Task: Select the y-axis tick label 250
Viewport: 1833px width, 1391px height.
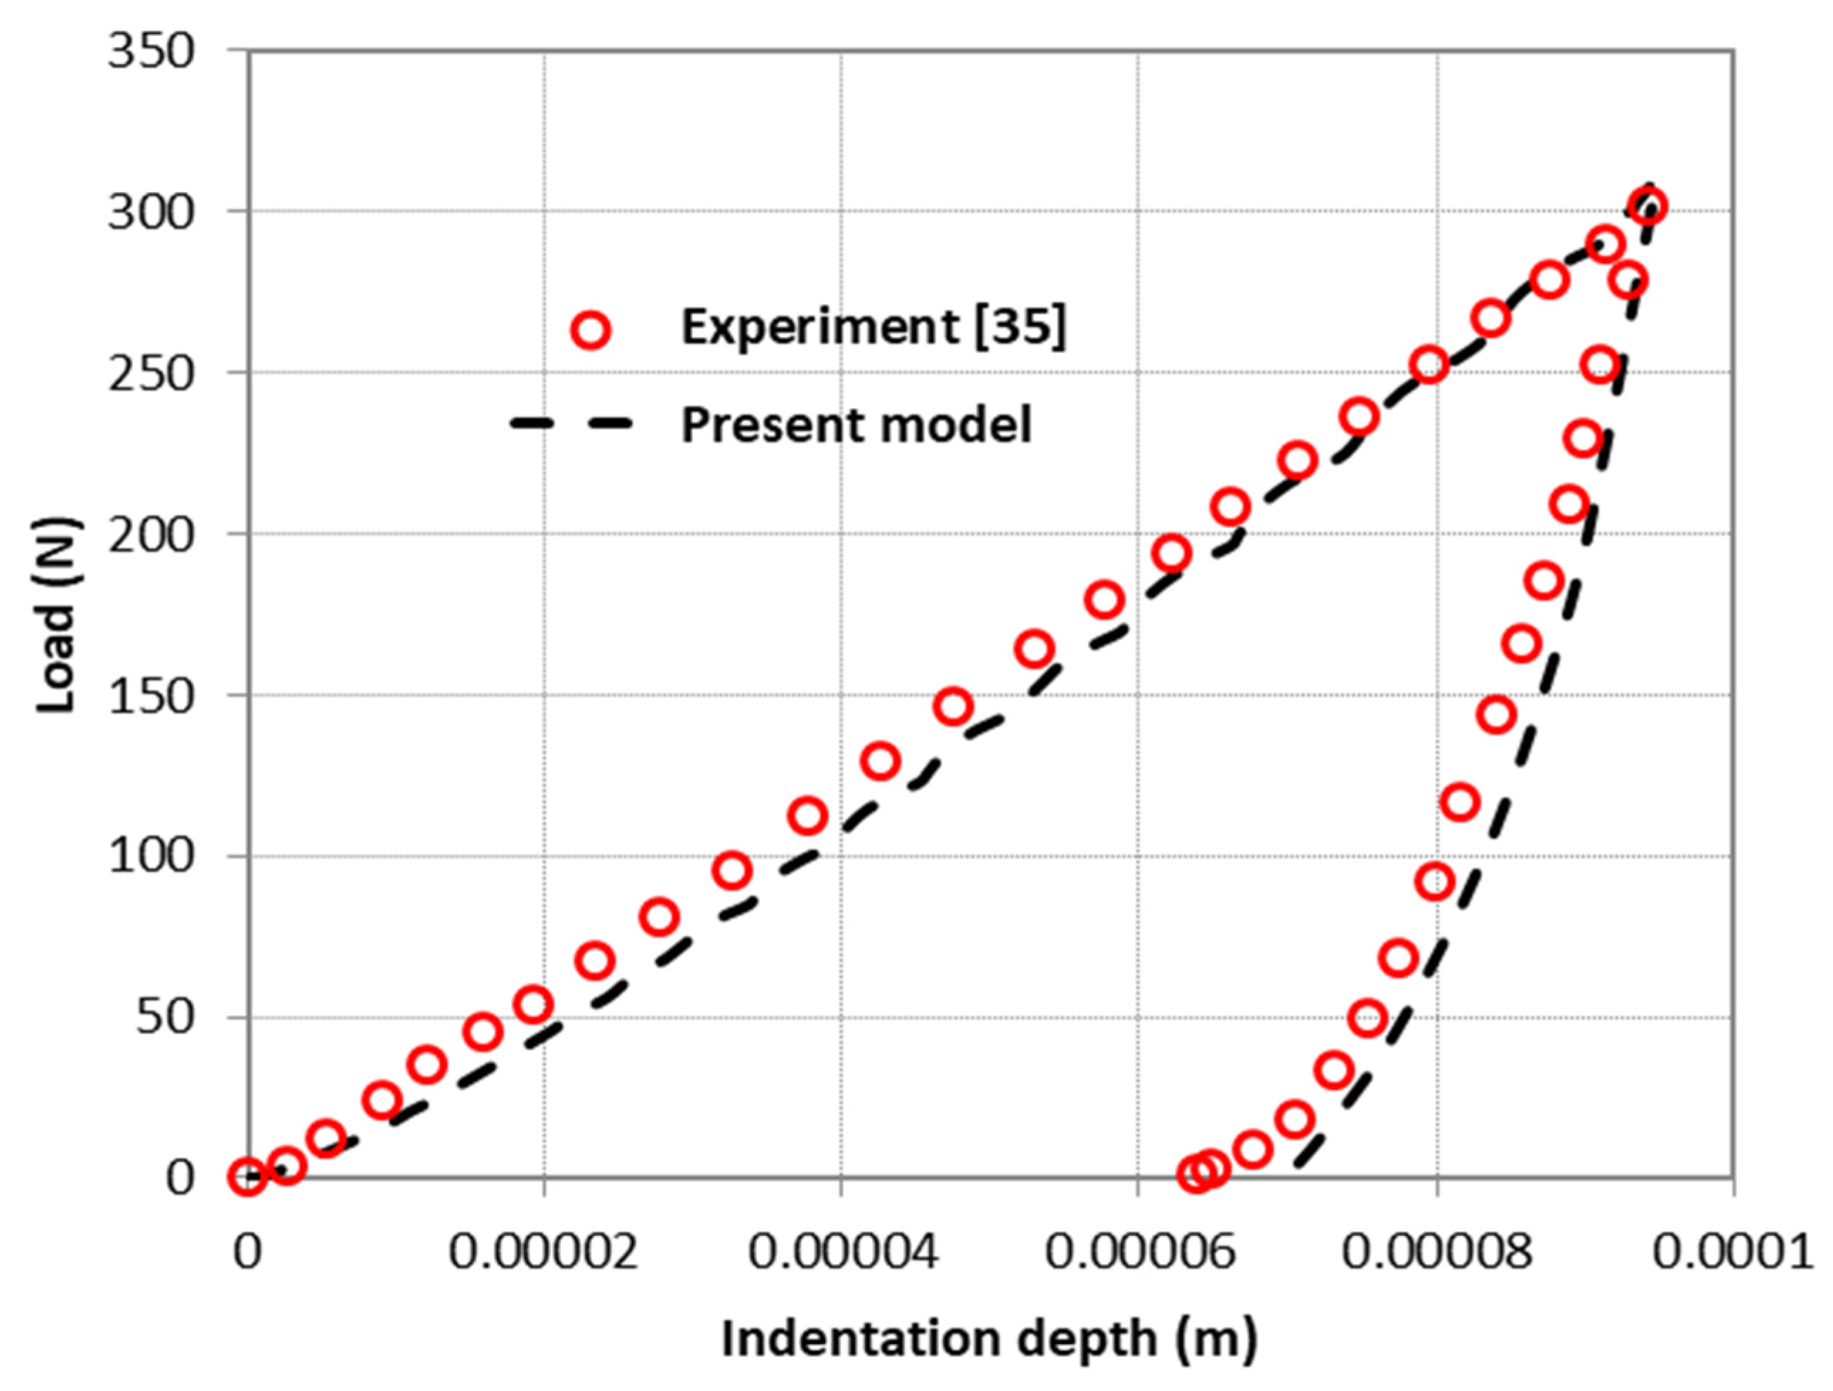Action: (x=151, y=373)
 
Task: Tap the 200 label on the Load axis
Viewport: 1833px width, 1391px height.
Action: (x=151, y=534)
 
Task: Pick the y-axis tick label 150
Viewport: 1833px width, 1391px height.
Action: (x=151, y=695)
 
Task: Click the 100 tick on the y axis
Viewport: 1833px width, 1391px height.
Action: (x=151, y=856)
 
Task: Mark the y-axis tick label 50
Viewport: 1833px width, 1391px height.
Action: (x=166, y=1016)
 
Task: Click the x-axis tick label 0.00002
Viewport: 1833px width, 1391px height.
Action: (x=544, y=1252)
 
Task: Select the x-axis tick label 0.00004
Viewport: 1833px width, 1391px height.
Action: (x=842, y=1252)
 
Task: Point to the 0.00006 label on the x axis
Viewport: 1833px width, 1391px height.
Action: (x=1139, y=1252)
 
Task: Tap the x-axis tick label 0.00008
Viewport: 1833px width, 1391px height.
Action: (x=1436, y=1252)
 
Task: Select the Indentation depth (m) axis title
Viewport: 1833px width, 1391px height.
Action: (x=989, y=1339)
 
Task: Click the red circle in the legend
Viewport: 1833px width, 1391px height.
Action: (x=591, y=331)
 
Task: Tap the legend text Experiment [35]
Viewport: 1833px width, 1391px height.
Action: (x=874, y=327)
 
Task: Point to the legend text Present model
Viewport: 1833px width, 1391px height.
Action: (x=856, y=424)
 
